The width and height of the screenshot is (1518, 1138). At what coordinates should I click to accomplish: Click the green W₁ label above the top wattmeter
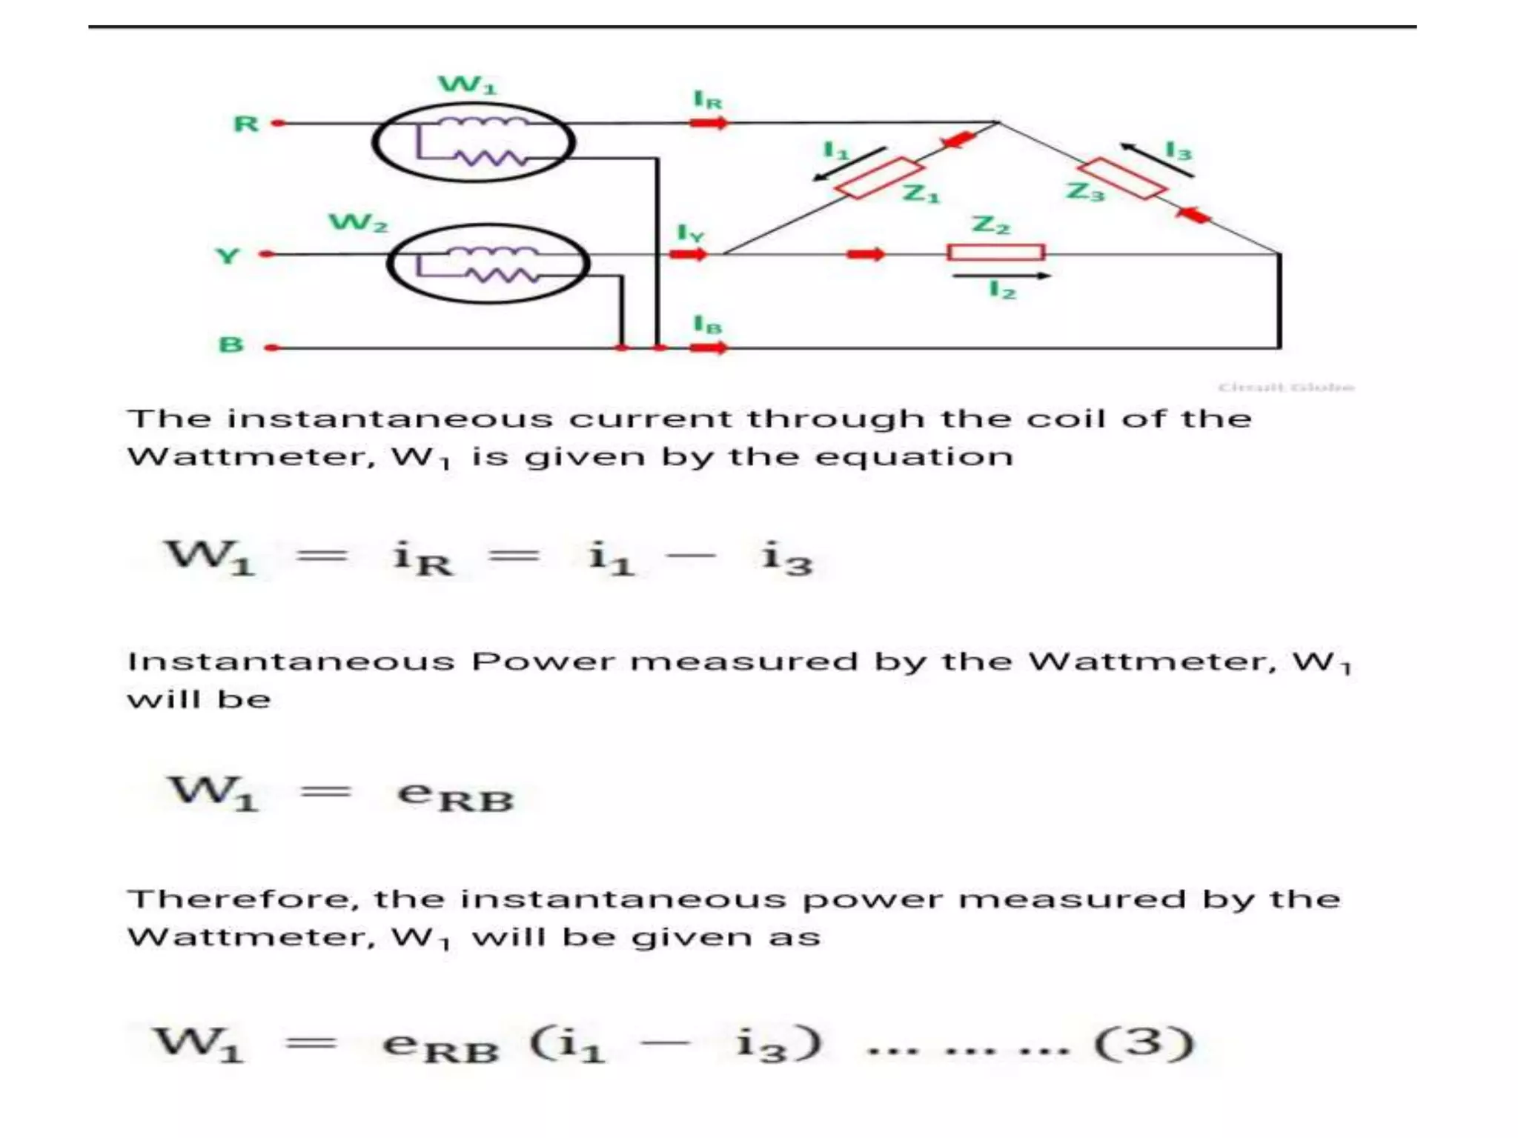click(x=467, y=84)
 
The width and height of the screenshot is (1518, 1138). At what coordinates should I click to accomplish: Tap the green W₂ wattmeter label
click(x=358, y=222)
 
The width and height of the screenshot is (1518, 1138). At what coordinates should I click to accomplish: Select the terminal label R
click(x=246, y=124)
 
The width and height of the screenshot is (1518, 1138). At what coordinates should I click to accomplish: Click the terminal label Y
click(x=228, y=256)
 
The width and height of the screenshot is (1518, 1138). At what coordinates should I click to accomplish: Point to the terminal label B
click(x=231, y=345)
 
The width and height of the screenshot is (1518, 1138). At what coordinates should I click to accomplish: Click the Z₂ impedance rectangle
click(x=995, y=253)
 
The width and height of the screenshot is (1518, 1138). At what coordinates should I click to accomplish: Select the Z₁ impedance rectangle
click(x=879, y=178)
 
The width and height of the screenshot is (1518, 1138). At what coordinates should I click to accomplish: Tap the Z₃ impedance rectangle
click(x=1121, y=179)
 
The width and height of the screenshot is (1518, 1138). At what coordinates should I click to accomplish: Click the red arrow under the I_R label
click(x=709, y=123)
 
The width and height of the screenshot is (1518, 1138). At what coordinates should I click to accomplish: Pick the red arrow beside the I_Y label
click(x=688, y=254)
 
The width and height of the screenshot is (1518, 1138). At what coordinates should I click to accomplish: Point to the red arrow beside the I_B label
click(x=709, y=347)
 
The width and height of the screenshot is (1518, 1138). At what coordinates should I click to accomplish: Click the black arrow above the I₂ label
click(x=1001, y=276)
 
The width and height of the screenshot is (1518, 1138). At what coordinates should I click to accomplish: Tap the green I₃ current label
click(x=1178, y=151)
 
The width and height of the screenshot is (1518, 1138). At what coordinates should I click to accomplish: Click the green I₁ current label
click(x=835, y=150)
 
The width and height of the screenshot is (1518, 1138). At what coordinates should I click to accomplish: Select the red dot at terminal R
click(x=278, y=123)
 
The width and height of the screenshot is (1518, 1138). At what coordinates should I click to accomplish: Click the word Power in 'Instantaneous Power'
click(x=543, y=661)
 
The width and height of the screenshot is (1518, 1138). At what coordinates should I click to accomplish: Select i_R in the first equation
click(x=422, y=558)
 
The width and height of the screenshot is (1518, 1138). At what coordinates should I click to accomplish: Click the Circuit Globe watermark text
click(x=1286, y=387)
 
